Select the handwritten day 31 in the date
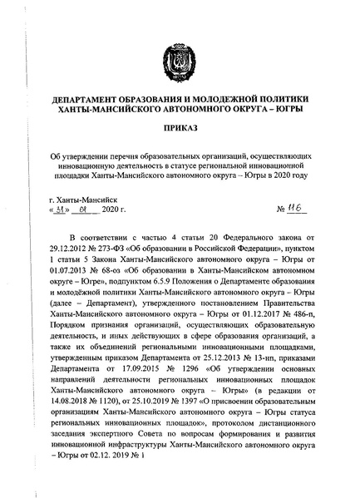pyautogui.click(x=60, y=208)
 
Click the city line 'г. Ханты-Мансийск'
pyautogui.click(x=84, y=198)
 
